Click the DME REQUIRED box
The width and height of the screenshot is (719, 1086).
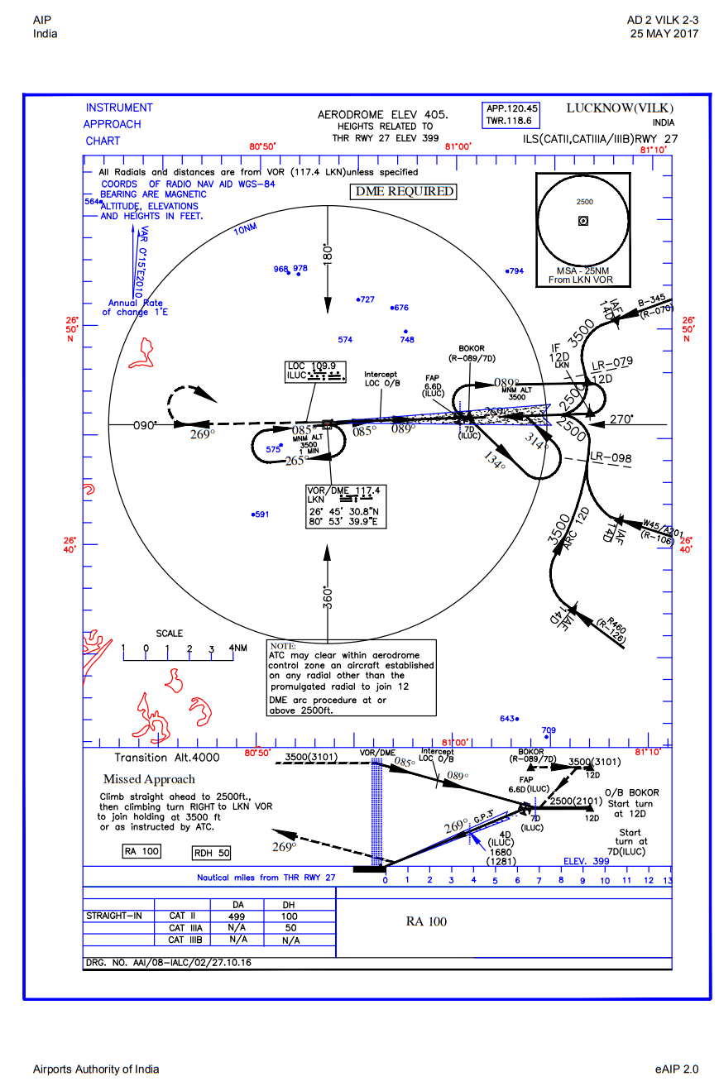pos(405,191)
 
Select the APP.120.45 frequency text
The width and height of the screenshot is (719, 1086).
pos(512,108)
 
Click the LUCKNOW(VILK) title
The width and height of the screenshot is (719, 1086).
pos(620,108)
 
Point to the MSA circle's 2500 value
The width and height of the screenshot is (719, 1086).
pos(584,202)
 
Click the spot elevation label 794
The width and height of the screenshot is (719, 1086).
pos(515,271)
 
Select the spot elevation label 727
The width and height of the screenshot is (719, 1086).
pos(366,299)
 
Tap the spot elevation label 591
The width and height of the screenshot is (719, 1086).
pos(261,514)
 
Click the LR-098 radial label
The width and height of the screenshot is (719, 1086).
pos(611,458)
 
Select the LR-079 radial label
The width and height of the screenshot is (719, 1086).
pos(612,361)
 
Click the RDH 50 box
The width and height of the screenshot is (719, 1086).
pos(211,853)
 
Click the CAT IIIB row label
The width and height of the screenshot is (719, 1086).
pos(185,940)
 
